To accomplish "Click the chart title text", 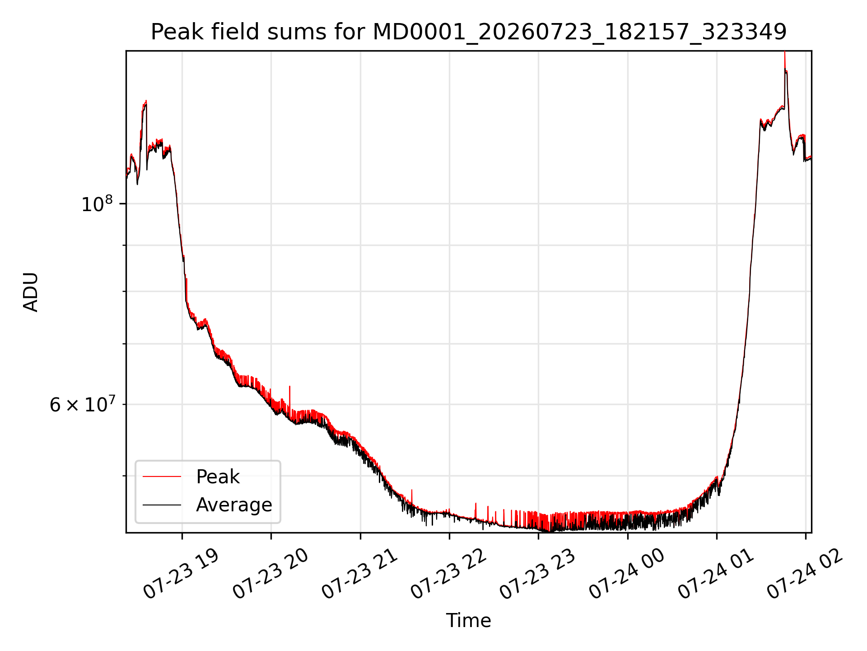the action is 469,32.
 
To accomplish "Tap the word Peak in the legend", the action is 218,477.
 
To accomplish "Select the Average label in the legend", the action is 234,505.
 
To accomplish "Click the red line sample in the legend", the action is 162,476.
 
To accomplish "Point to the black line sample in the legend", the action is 162,505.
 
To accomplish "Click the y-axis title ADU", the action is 31,292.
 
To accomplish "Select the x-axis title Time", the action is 468,620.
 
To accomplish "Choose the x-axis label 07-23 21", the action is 360,574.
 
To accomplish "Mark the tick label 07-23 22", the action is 449,574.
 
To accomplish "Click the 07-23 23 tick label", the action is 538,574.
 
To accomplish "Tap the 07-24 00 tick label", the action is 627,574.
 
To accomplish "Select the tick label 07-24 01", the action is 716,574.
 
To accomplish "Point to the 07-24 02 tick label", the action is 805,574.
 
